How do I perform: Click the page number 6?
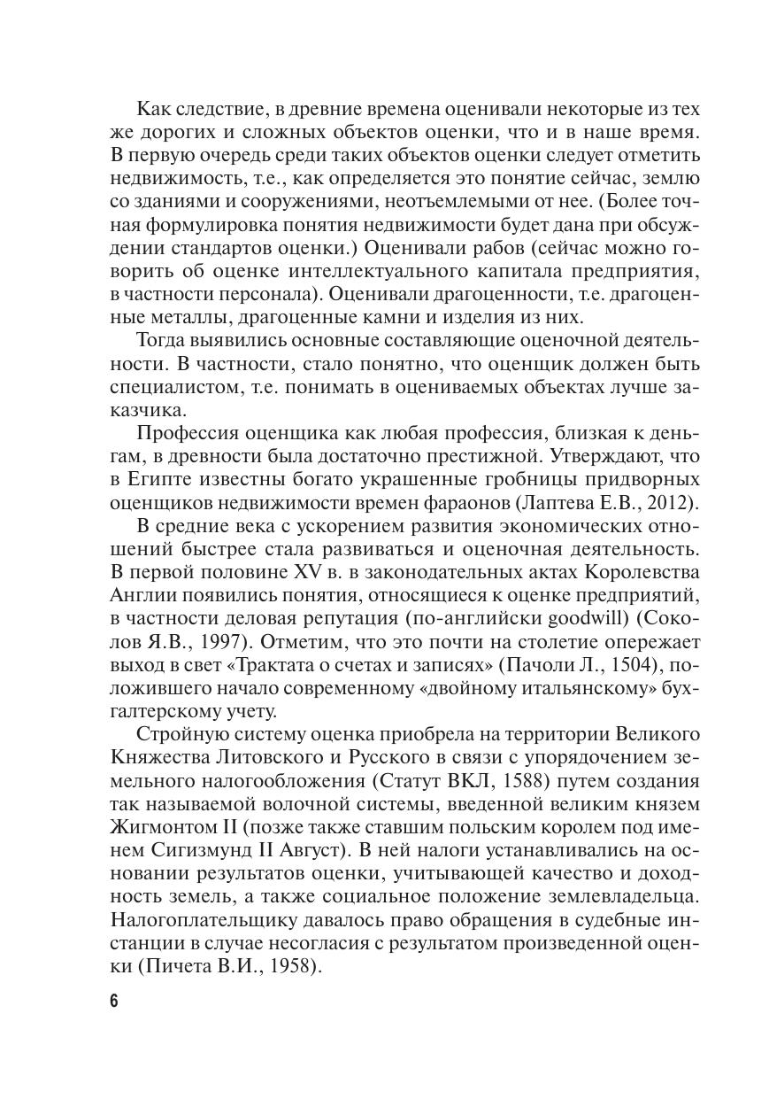point(113,1001)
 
